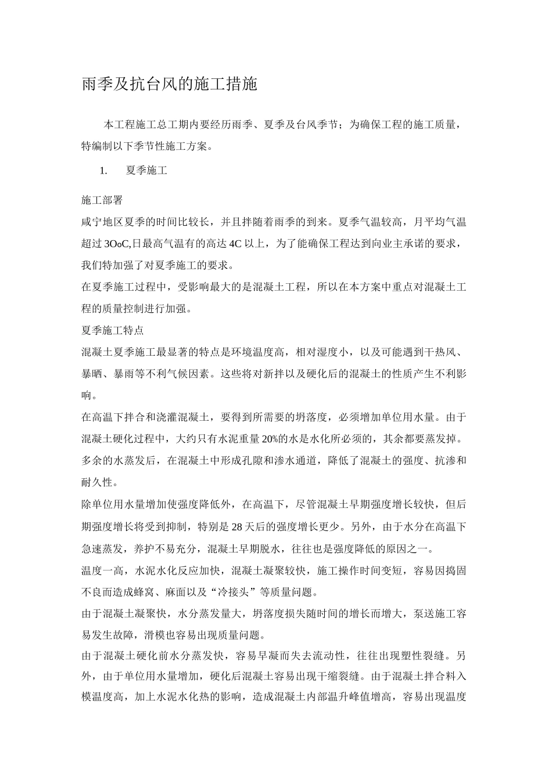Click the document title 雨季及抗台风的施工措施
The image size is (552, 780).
coord(169,85)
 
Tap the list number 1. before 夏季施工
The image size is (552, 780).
coord(104,171)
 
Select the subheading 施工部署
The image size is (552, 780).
coord(102,200)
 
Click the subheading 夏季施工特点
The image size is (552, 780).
coord(113,331)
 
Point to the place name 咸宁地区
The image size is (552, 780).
coord(102,222)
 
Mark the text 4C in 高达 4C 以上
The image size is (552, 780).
coord(235,244)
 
